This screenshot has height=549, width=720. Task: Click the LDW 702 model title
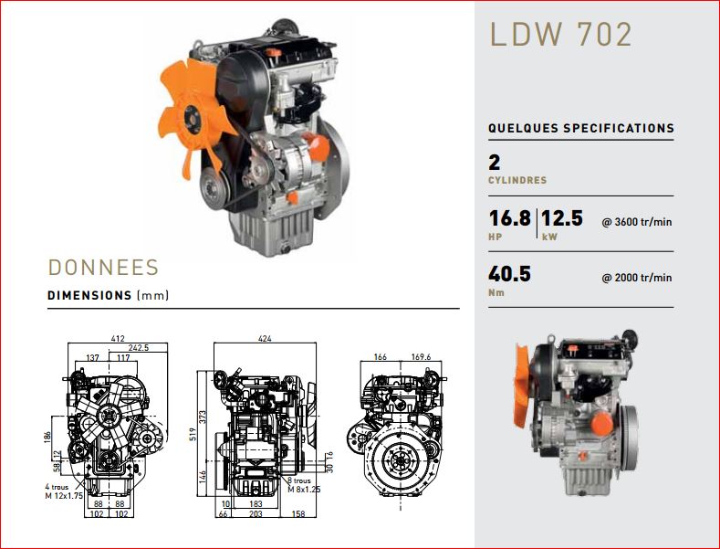coord(560,34)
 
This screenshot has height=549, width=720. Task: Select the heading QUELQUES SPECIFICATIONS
coord(581,128)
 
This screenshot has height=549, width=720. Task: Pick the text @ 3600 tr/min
coord(637,222)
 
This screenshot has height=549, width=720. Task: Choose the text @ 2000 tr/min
coord(637,278)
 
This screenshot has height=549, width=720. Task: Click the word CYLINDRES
coord(517,180)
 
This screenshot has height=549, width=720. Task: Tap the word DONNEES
coord(103,268)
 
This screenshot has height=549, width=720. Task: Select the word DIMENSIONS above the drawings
coord(89,295)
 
